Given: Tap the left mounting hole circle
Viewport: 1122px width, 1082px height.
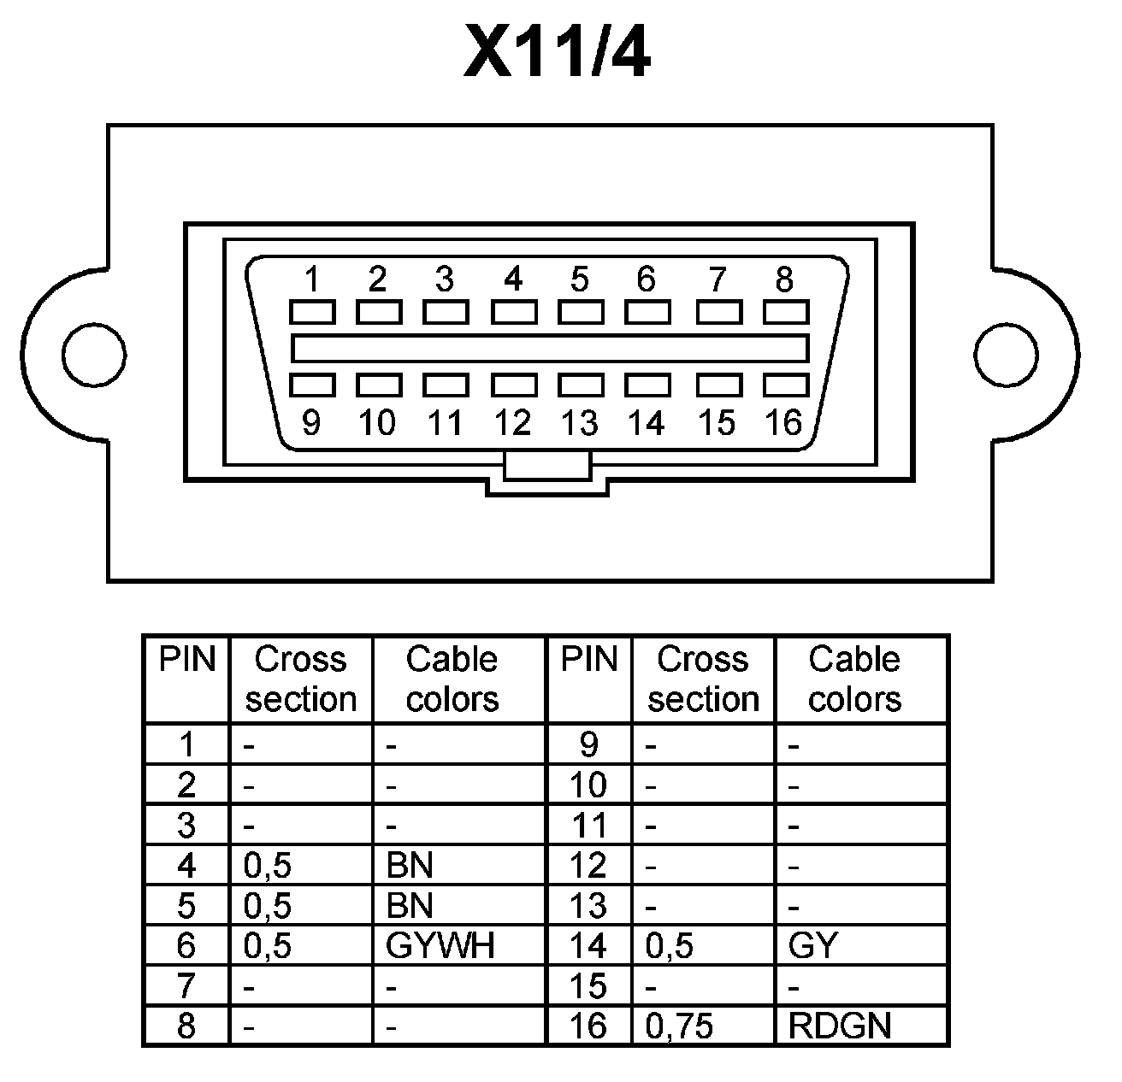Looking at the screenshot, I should tap(94, 354).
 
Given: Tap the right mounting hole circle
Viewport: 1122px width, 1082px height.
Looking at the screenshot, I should tap(1007, 354).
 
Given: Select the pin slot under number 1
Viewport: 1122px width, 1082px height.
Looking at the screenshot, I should tap(312, 312).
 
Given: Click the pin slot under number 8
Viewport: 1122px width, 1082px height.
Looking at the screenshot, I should tap(785, 312).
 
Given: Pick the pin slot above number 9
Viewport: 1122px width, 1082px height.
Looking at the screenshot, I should tap(312, 385).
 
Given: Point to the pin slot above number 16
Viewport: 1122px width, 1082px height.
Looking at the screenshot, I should tap(785, 385).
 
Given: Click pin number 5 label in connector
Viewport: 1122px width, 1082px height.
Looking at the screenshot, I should tap(580, 279).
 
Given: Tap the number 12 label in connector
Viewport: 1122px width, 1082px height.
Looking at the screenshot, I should tap(513, 422).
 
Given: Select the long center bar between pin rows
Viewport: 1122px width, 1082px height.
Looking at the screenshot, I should tap(550, 349).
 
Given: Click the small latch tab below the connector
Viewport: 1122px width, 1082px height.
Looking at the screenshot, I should tap(547, 467).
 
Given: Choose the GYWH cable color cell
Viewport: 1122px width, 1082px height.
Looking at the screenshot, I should tap(440, 945).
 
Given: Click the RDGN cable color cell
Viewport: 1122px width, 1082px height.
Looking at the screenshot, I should tap(840, 1026).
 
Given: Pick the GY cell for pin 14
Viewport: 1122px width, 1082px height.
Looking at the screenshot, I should tap(813, 945).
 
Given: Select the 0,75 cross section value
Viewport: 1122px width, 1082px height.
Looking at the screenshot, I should tap(679, 1026).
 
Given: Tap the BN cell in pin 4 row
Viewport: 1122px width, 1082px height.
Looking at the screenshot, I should tap(410, 866).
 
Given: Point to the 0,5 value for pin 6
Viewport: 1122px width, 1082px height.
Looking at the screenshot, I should tap(268, 945).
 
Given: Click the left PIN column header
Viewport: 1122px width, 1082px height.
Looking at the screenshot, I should tap(186, 660).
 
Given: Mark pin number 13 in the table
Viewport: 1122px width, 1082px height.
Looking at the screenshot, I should tap(588, 905).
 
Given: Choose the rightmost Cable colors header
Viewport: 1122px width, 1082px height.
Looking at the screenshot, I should tap(854, 679).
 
